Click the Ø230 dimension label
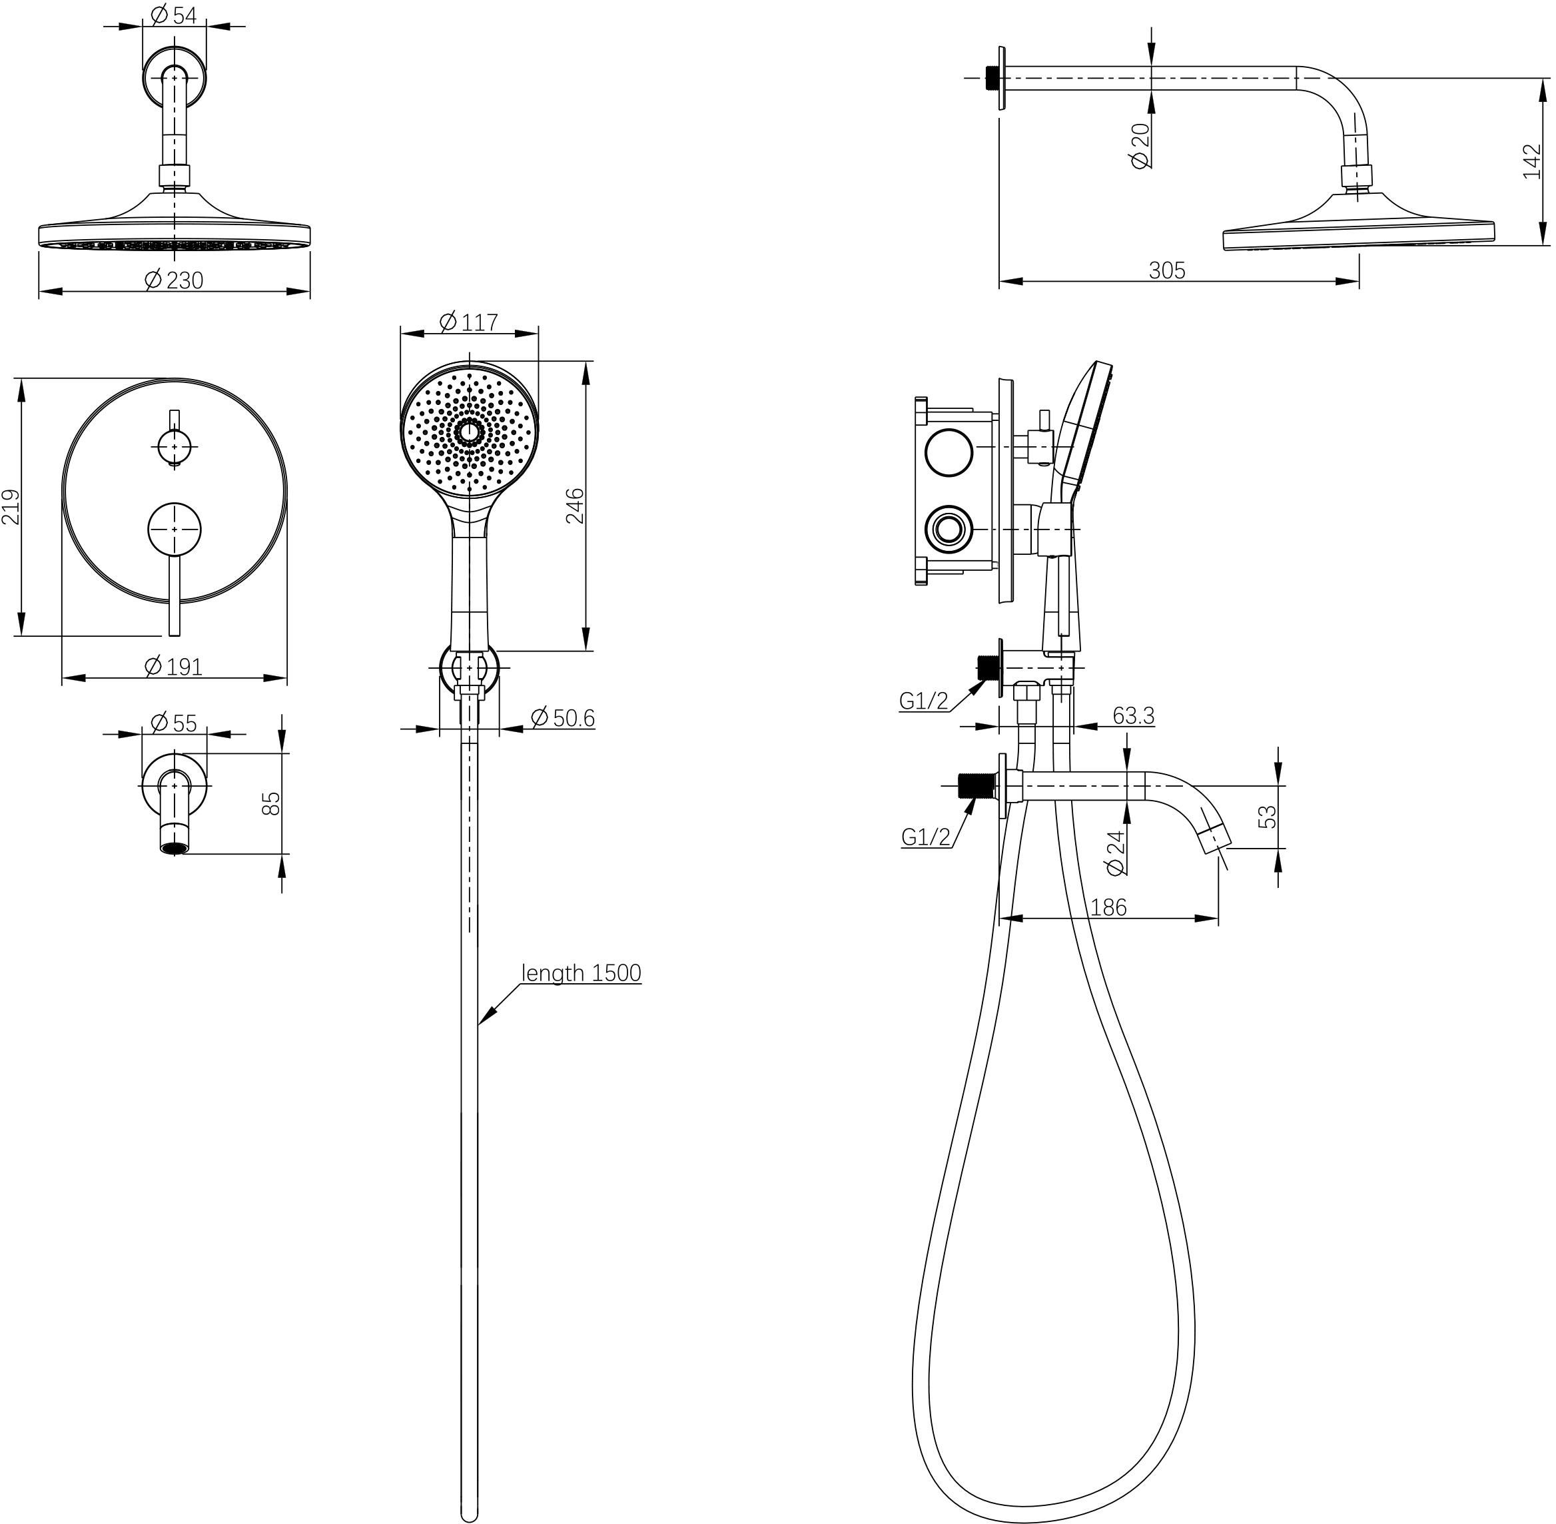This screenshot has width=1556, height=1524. [x=174, y=280]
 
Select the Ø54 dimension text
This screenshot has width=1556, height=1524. [x=173, y=15]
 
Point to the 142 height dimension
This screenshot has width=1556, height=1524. [x=1531, y=162]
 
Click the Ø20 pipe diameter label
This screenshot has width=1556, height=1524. [x=1140, y=145]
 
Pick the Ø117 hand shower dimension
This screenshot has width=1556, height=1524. [x=469, y=322]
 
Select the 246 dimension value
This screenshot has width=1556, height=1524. [x=576, y=505]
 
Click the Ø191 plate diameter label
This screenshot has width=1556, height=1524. [x=174, y=666]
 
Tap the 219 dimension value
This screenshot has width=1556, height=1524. [x=11, y=507]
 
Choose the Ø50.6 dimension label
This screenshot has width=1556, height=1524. [x=563, y=717]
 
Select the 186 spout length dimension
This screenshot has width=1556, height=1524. [x=1108, y=907]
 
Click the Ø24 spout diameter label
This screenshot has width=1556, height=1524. [x=1114, y=853]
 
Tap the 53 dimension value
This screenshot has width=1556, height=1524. [x=1267, y=817]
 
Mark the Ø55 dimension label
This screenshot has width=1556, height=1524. [x=174, y=723]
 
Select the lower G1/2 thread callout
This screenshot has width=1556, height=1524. [x=925, y=837]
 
